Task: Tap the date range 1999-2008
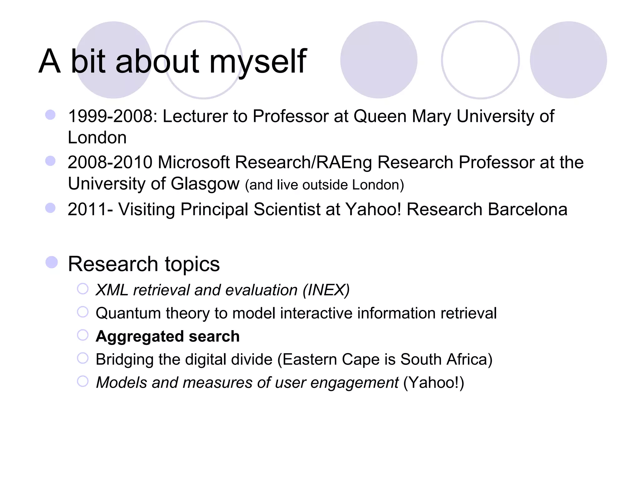[x=110, y=116]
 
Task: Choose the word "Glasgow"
[x=205, y=184]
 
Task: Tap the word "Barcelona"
[x=527, y=209]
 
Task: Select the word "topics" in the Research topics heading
[x=192, y=264]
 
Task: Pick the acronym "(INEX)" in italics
[x=326, y=290]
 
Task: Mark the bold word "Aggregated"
[x=140, y=336]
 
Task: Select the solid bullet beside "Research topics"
[x=51, y=262]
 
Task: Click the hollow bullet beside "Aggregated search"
[x=83, y=335]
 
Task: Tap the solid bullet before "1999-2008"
[x=50, y=114]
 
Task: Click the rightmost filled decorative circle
[x=568, y=60]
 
